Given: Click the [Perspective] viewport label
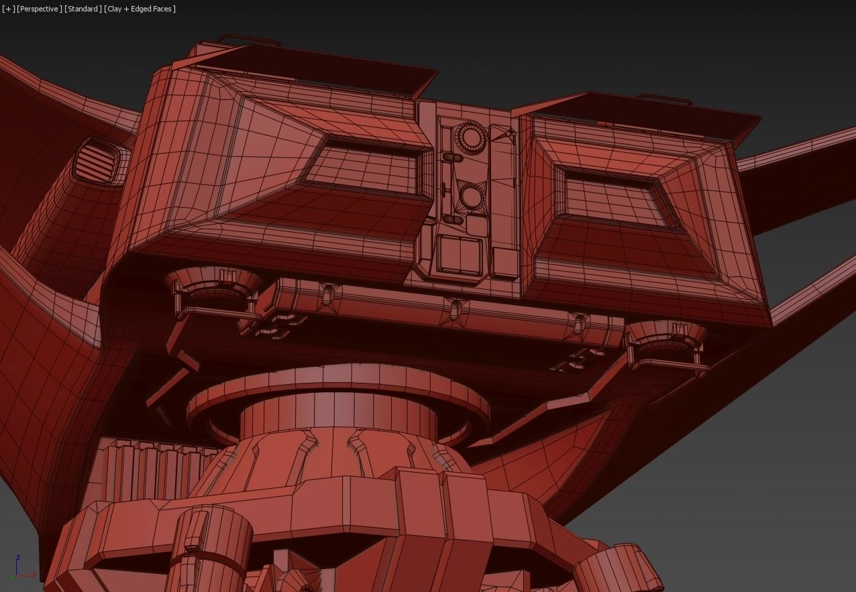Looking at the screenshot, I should coord(40,9).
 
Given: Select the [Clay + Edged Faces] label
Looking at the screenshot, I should coord(140,9).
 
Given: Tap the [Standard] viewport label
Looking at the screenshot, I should coord(83,9).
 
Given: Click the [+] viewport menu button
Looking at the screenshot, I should coord(8,9).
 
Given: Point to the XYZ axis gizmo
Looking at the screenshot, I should coord(20,569).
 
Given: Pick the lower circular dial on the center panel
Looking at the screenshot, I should coord(472,196).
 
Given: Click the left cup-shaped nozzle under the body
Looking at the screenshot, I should coord(213,285).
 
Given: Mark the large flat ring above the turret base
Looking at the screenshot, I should coord(339,396).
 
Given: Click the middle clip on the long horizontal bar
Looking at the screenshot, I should coord(456,308).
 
